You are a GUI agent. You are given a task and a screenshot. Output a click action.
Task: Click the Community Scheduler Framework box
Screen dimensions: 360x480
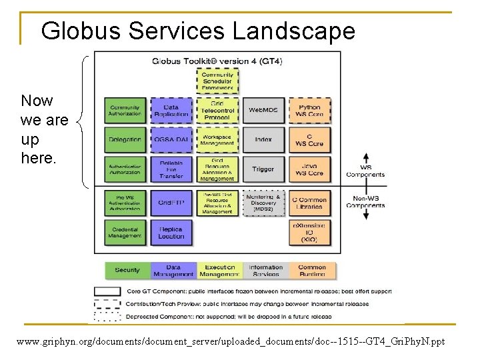coord(217,81)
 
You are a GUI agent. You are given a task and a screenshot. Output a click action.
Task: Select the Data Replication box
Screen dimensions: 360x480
coord(171,110)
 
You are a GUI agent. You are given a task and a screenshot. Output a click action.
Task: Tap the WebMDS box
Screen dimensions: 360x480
coord(263,110)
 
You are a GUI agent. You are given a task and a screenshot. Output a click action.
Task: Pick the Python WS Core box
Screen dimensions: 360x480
coord(309,110)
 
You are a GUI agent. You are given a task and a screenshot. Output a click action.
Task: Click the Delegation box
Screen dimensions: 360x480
coord(125,139)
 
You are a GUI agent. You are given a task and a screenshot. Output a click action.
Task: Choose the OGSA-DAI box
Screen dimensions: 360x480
coord(171,139)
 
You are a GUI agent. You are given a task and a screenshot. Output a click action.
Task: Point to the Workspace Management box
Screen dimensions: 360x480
coord(217,139)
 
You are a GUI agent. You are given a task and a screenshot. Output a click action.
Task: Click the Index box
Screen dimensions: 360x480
coord(263,139)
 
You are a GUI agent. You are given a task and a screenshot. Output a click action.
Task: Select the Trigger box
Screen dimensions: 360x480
coord(263,169)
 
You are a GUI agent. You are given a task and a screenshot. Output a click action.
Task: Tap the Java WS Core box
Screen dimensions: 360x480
coord(309,169)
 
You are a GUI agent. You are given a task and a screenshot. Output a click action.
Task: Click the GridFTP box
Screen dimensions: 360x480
coord(171,203)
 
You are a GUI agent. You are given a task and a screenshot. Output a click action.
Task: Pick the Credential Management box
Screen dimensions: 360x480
coord(125,232)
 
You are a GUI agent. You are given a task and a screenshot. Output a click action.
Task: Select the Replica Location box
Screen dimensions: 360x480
coord(171,232)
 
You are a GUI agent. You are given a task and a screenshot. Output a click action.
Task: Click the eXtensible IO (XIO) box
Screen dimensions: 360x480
coord(309,232)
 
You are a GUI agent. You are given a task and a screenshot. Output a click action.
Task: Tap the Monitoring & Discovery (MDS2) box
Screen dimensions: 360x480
coord(263,203)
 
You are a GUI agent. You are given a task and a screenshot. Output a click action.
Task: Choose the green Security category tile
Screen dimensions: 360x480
coord(127,270)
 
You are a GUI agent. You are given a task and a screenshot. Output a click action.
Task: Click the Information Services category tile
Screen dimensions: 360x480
coord(266,270)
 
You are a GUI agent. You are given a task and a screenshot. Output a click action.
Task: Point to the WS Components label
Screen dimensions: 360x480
coord(365,172)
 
